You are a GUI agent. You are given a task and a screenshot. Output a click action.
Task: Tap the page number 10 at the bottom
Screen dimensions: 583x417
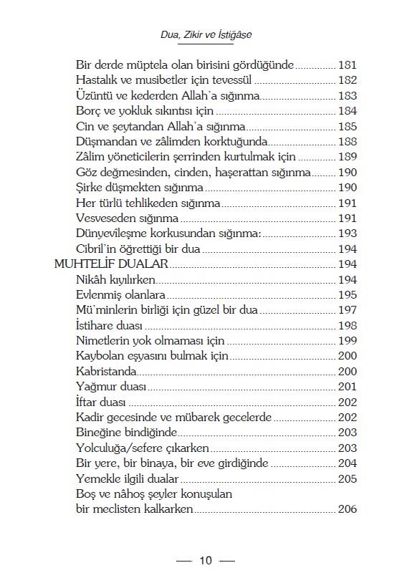point(206,560)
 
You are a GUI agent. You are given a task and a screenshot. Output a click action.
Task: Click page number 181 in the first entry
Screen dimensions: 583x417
point(347,65)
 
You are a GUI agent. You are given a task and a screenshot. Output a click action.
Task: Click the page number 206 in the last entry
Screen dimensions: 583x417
point(347,509)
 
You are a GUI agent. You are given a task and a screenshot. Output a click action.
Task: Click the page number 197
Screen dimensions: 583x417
point(347,310)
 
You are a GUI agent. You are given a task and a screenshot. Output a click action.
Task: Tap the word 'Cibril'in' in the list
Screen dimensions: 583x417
point(100,249)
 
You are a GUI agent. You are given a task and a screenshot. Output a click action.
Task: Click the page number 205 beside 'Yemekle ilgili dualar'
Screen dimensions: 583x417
point(347,479)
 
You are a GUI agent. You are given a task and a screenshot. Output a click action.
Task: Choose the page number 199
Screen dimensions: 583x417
point(347,341)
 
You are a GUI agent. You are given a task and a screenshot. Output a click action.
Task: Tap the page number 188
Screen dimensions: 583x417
point(347,142)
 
